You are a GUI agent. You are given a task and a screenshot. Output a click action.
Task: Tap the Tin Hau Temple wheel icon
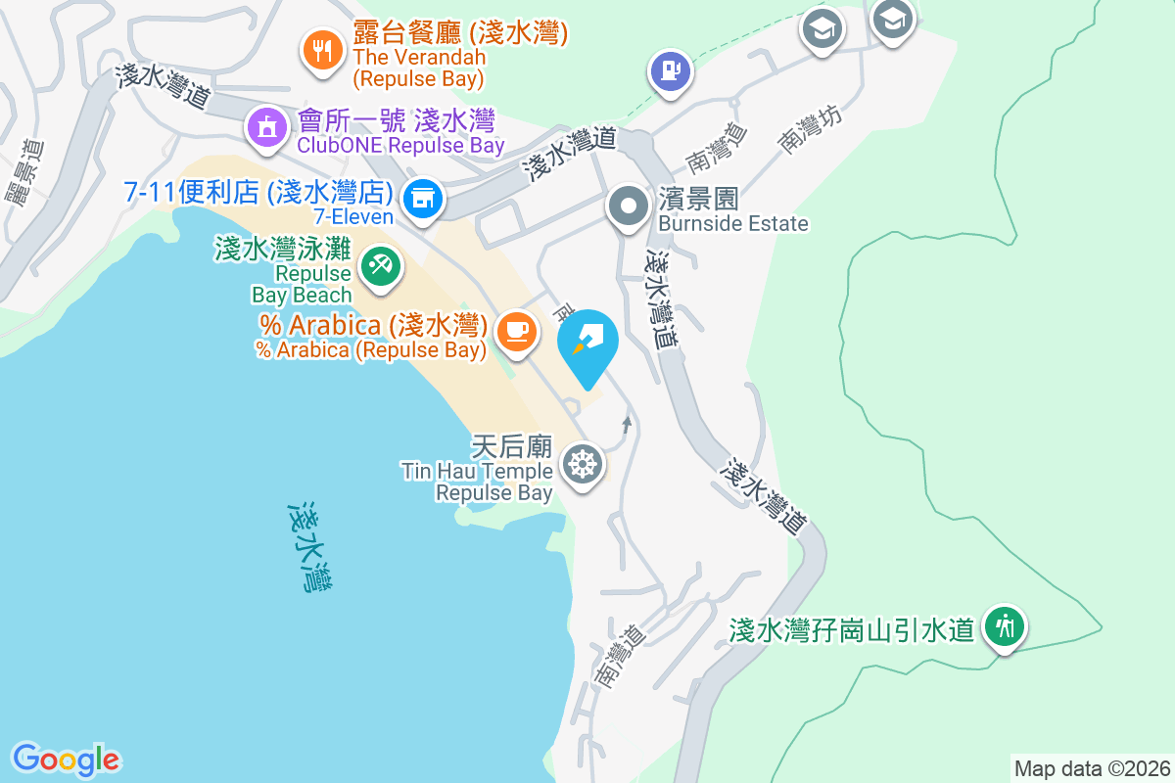click(583, 464)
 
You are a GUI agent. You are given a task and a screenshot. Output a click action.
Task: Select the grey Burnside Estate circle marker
click(628, 207)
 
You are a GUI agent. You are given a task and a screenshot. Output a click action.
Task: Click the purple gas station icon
click(670, 70)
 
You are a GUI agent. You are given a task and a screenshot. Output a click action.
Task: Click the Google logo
click(66, 760)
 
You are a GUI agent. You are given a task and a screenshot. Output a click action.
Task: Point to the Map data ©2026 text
click(1092, 768)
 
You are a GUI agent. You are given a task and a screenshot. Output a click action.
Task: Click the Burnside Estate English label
click(733, 223)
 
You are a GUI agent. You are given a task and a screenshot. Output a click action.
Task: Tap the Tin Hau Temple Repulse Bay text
click(478, 483)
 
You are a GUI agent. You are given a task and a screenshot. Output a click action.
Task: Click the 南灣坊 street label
click(810, 127)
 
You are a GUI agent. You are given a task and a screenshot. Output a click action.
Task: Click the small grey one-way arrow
click(627, 424)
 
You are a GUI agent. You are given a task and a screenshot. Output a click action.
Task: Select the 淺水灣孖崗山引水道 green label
click(852, 629)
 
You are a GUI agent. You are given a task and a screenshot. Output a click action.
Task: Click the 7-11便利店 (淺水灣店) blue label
click(258, 192)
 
